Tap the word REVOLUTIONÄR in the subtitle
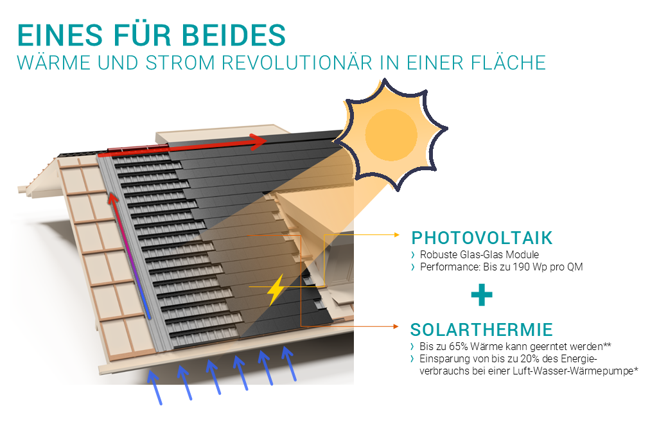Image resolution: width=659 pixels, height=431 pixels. pos(297,63)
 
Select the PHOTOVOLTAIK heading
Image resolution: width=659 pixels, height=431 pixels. pos(482,238)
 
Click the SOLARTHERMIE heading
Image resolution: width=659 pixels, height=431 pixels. pos(482,330)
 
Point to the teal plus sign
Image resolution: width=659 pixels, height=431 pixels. pos(482,295)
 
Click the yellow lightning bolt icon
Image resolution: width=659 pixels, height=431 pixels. pos(276,290)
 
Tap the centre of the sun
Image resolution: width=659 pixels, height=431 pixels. pos(391,134)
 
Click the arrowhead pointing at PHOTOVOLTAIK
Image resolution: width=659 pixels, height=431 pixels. pos(397,234)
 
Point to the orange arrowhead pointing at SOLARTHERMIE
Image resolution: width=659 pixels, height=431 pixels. pos(396,326)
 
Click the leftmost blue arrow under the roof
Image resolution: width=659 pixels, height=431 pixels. pos(154,387)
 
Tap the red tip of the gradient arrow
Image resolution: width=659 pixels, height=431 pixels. pos(111,198)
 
